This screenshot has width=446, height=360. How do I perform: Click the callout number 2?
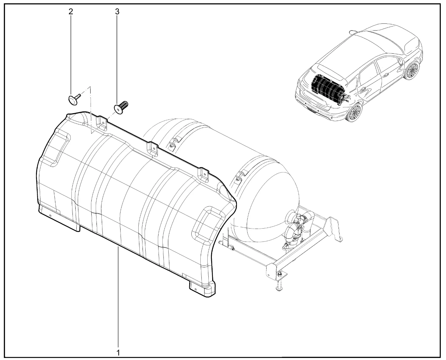(71, 12)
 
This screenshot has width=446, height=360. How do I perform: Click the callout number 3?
(117, 12)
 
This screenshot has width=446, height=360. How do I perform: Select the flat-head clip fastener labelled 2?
(74, 99)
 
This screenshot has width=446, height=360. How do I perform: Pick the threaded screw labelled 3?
(121, 108)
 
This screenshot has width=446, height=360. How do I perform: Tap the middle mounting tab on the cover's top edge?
(153, 149)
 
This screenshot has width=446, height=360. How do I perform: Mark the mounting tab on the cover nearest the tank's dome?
(203, 174)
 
